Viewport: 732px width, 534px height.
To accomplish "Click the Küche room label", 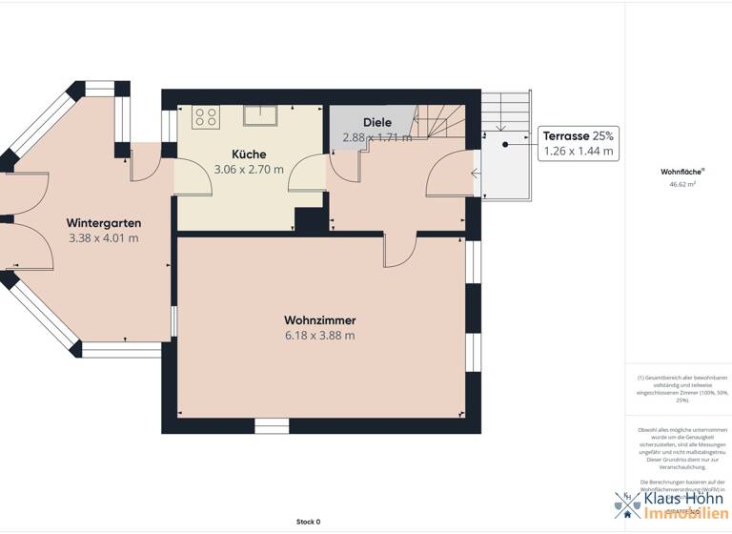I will pyautogui.click(x=249, y=154).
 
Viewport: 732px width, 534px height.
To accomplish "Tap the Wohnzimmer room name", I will pyautogui.click(x=319, y=320).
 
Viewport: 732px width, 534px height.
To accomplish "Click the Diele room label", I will pyautogui.click(x=377, y=122).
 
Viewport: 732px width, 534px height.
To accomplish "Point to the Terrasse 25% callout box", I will pyautogui.click(x=578, y=143).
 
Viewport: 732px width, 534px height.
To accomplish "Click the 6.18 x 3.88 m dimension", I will pyautogui.click(x=319, y=336).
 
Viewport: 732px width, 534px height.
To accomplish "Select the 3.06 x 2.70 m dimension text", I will pyautogui.click(x=249, y=170).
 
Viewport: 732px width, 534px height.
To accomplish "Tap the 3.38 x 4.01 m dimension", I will pyautogui.click(x=103, y=237).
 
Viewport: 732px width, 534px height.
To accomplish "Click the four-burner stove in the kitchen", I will pyautogui.click(x=206, y=116).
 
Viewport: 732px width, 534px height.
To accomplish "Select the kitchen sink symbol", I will pyautogui.click(x=259, y=115).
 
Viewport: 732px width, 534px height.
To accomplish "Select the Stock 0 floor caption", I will pyautogui.click(x=308, y=522).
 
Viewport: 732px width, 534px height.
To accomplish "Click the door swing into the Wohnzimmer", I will pyautogui.click(x=399, y=250).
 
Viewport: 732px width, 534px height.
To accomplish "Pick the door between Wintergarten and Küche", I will pyautogui.click(x=145, y=163).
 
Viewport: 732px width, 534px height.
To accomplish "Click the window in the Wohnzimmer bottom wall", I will pyautogui.click(x=272, y=426).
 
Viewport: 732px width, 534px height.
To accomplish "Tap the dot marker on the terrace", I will pyautogui.click(x=505, y=144).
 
